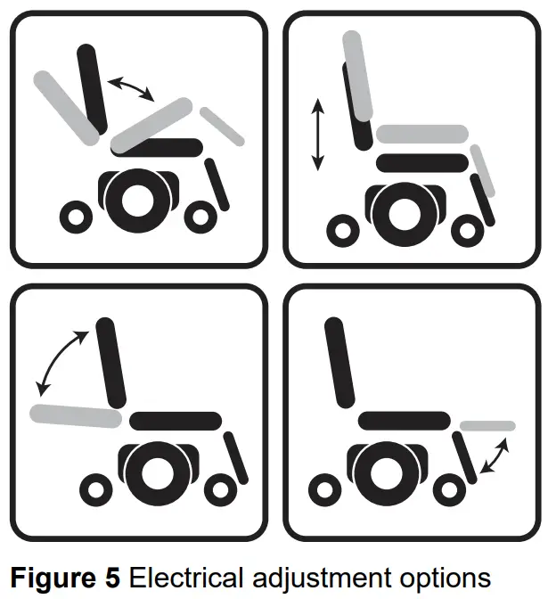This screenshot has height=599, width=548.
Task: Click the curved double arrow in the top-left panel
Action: tap(130, 88)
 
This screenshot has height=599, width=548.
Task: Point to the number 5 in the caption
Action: tap(112, 577)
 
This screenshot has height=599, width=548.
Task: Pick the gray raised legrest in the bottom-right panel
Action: tap(487, 425)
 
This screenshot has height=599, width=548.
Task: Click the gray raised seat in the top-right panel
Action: tap(421, 135)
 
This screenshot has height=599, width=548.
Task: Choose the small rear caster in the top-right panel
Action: tap(343, 230)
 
